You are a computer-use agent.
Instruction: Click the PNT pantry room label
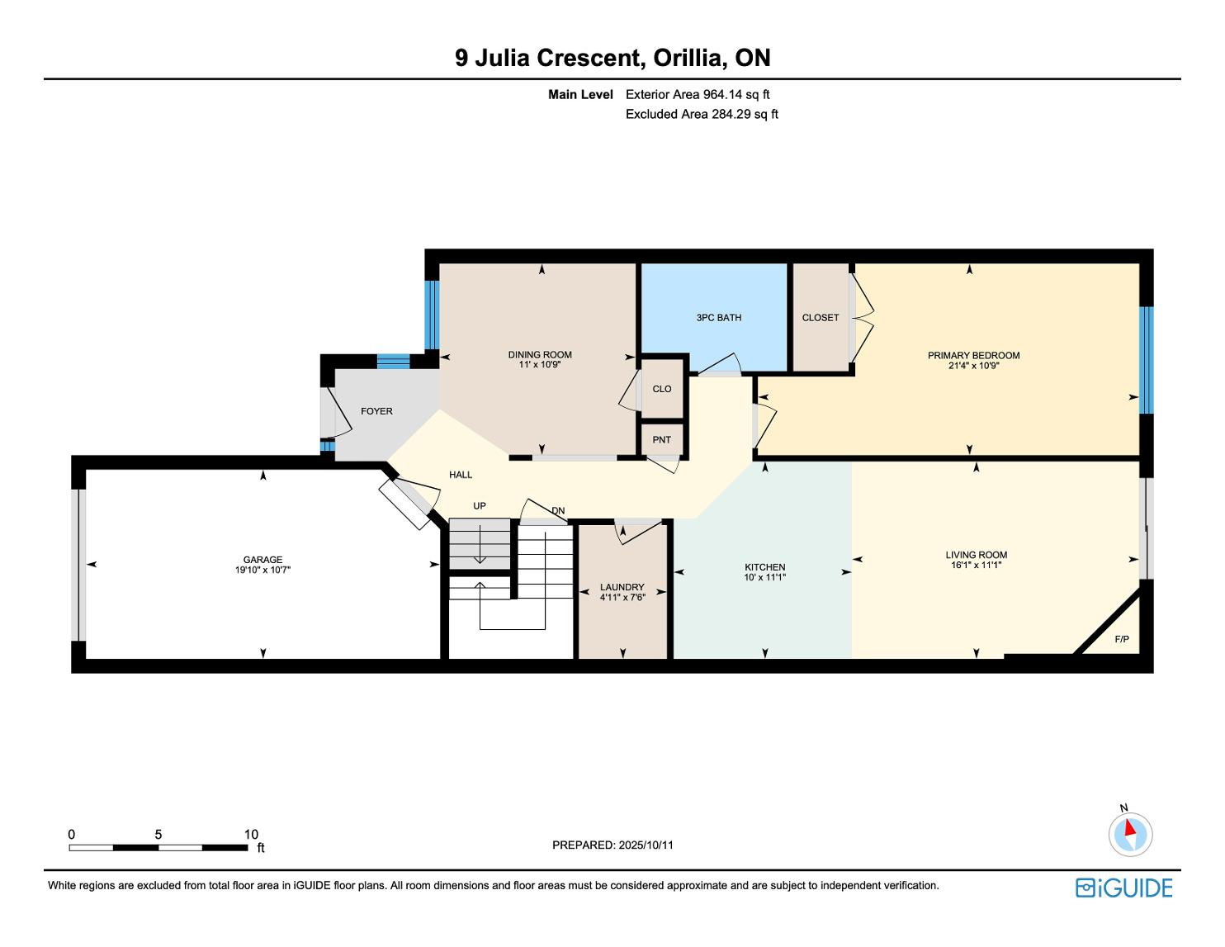661,440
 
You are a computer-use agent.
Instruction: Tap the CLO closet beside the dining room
662,389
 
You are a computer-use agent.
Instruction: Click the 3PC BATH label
719,317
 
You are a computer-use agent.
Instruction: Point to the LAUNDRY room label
622,587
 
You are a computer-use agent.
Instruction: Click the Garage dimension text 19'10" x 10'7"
262,570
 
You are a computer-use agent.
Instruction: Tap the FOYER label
376,411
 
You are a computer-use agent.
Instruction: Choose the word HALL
461,475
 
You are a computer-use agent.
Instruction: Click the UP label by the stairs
479,505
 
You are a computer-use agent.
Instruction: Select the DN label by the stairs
558,511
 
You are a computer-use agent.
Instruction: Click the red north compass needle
1130,827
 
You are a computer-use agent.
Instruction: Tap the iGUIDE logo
1124,888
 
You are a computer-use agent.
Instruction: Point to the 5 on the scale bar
158,834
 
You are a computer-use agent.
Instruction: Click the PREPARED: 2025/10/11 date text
612,845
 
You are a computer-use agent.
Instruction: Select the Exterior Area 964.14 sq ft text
698,95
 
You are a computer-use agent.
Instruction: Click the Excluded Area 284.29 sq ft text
702,114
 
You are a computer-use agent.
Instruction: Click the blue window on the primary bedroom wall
1146,360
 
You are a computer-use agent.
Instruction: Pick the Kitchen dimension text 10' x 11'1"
765,577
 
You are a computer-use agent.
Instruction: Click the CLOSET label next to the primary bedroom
821,317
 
